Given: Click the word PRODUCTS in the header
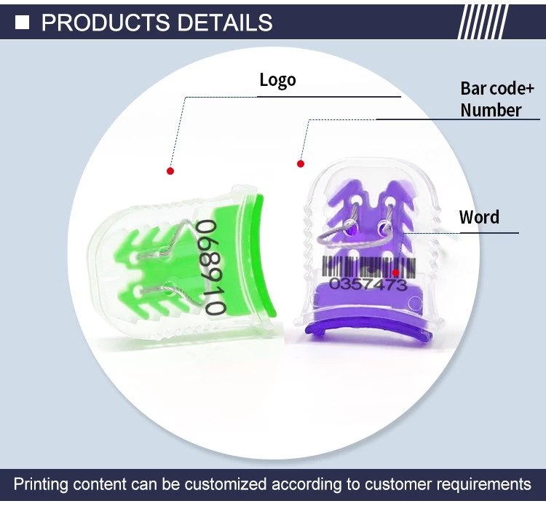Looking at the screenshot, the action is point(105,23).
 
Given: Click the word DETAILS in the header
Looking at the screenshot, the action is point(225,23).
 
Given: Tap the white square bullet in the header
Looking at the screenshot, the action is point(22,23).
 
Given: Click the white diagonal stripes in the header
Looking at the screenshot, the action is point(483,22).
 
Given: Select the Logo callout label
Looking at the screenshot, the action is point(277,80).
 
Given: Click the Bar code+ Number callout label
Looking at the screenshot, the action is point(497,99).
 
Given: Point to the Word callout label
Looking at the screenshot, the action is point(479,217).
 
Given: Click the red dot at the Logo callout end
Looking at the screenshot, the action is point(170,171).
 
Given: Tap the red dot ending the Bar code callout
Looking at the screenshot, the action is point(301,164).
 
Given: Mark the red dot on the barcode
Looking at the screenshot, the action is point(395,272).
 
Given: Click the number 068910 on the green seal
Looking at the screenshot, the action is point(210,267).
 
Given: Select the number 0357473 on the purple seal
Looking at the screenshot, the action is point(368,284).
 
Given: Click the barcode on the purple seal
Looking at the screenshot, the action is point(369,267).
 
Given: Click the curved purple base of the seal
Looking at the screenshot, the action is point(368,332).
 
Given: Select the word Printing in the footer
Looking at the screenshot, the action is point(40,485).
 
